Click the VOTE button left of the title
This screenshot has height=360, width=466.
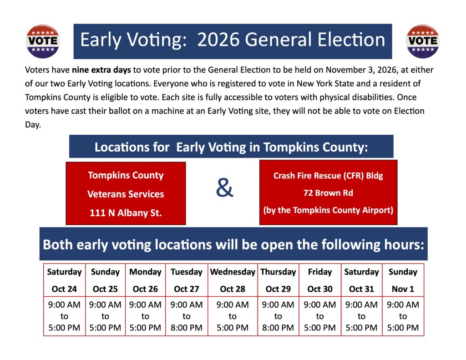click(43, 41)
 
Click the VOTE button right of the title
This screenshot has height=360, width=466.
click(423, 41)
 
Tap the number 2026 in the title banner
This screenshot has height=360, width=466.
click(218, 40)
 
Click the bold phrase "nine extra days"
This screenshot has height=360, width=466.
click(101, 70)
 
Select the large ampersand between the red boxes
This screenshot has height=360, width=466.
click(225, 188)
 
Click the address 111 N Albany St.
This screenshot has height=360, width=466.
click(126, 213)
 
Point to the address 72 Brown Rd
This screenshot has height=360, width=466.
click(328, 193)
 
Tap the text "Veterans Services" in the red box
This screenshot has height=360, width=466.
click(126, 194)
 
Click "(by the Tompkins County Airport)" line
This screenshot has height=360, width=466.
click(328, 210)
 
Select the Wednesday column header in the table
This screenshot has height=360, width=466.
click(233, 272)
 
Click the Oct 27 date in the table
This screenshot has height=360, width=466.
click(186, 289)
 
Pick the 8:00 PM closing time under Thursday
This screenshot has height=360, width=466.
click(278, 328)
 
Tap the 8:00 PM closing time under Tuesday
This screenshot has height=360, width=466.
click(186, 328)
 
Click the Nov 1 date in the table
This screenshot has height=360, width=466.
click(403, 289)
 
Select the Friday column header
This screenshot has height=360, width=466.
click(320, 272)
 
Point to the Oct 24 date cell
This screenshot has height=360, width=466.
click(64, 289)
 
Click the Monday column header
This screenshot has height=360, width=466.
click(145, 272)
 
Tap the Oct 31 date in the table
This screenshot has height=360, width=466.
click(361, 289)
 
